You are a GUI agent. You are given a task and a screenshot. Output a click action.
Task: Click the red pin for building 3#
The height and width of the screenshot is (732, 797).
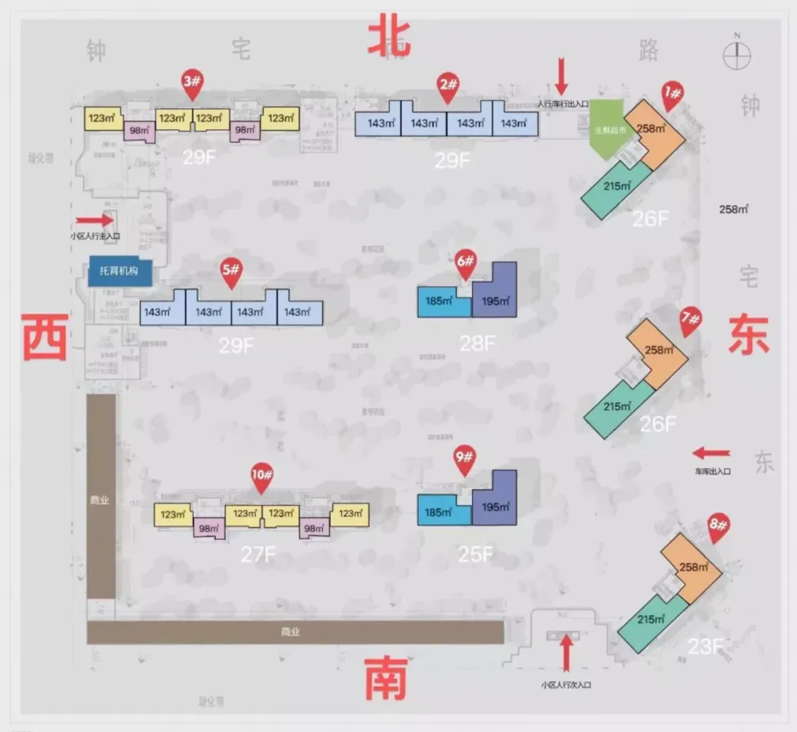(191, 84)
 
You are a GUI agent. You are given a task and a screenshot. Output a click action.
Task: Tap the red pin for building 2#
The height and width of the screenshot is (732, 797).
(448, 86)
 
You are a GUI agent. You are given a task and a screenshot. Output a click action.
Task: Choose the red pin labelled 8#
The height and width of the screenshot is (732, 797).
(719, 527)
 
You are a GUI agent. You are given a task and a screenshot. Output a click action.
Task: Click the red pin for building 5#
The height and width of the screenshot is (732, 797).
(230, 272)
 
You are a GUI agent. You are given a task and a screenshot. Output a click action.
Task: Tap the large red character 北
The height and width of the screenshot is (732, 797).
(390, 36)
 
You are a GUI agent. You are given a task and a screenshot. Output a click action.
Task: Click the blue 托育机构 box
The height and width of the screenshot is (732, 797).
(120, 271)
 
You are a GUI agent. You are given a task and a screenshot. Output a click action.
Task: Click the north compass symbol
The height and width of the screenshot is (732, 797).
(738, 54)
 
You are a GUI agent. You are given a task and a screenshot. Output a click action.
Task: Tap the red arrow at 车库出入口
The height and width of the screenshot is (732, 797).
(711, 454)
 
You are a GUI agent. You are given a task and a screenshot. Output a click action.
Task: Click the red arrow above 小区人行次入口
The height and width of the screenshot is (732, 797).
(567, 652)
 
